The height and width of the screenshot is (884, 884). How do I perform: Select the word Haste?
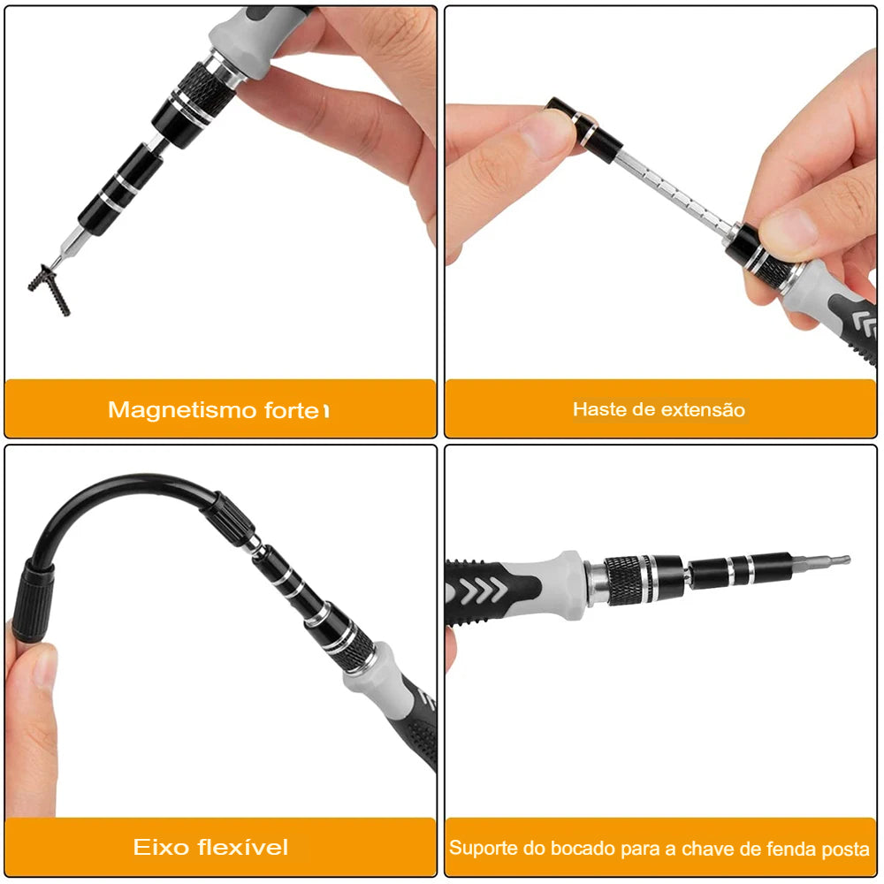click(597, 409)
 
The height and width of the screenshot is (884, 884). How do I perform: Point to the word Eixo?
click(161, 848)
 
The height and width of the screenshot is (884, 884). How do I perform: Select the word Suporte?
click(482, 849)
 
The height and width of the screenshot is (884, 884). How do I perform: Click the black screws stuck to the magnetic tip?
click(49, 287)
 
